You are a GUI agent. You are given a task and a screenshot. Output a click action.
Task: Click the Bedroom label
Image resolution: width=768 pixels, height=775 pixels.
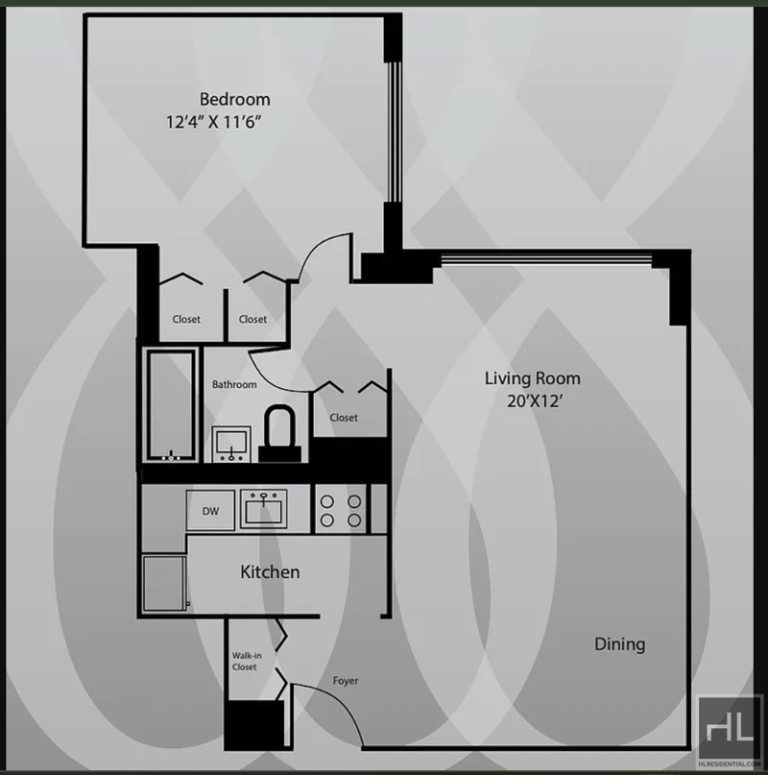235,99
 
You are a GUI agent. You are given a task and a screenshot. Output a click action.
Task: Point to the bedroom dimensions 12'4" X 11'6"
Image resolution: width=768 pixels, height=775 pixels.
213,122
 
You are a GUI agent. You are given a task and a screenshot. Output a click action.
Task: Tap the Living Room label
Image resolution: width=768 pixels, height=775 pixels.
532,378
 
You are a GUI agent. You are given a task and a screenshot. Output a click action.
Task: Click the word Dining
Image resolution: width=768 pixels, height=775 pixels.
620,644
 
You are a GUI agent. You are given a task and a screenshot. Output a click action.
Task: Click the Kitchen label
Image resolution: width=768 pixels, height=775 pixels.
270,571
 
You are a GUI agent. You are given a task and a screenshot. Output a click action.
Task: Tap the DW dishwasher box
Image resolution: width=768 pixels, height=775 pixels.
210,511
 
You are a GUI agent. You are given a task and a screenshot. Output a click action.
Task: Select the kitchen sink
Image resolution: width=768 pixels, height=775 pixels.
263,509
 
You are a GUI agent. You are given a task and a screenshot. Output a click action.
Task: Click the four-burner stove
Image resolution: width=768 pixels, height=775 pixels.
341,510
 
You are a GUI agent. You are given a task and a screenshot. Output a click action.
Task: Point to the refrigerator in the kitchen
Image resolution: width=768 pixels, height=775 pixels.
164,583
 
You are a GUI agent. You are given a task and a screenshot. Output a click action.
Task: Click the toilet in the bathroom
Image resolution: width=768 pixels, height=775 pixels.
279,434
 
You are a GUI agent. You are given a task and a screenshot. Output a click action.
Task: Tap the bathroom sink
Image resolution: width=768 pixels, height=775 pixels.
231,444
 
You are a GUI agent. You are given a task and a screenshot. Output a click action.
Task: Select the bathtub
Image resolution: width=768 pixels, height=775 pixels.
171,405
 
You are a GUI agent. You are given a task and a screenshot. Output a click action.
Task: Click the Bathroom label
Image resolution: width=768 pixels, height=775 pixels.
234,384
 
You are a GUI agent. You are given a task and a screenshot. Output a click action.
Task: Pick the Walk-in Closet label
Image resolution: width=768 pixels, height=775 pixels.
246,662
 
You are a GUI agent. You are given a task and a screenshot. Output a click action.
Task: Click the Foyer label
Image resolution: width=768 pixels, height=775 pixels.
345,681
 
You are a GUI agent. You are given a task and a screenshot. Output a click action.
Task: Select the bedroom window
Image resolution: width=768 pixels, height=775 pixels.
394,132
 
